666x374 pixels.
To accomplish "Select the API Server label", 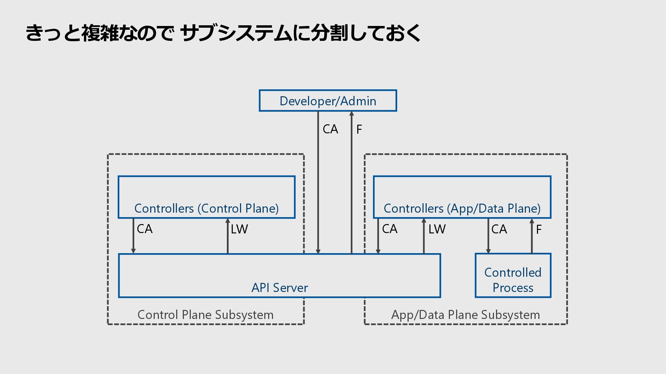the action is point(280,288).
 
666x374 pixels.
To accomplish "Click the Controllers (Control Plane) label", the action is point(206,208).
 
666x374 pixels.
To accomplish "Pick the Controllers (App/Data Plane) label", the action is point(462,208).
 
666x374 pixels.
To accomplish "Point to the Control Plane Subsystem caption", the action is point(205,315).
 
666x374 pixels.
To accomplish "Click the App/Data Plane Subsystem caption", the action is point(466,315).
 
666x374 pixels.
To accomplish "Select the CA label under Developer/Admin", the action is point(330,129).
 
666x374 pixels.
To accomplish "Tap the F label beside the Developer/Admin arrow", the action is point(359,130).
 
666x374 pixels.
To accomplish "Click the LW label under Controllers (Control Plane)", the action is point(239,229).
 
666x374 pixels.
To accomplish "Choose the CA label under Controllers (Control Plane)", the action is point(145,229).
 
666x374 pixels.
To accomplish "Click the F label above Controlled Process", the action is point(539,230).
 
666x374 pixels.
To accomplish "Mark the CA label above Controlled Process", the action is point(499,229).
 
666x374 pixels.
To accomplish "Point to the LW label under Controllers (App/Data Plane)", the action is point(437,229).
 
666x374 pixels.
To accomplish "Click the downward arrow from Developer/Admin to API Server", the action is point(318,182).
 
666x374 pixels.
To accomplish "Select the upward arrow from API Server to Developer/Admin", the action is point(351,182).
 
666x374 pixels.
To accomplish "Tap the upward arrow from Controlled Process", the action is point(532,236).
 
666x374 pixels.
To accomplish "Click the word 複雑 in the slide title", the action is point(100,33).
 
